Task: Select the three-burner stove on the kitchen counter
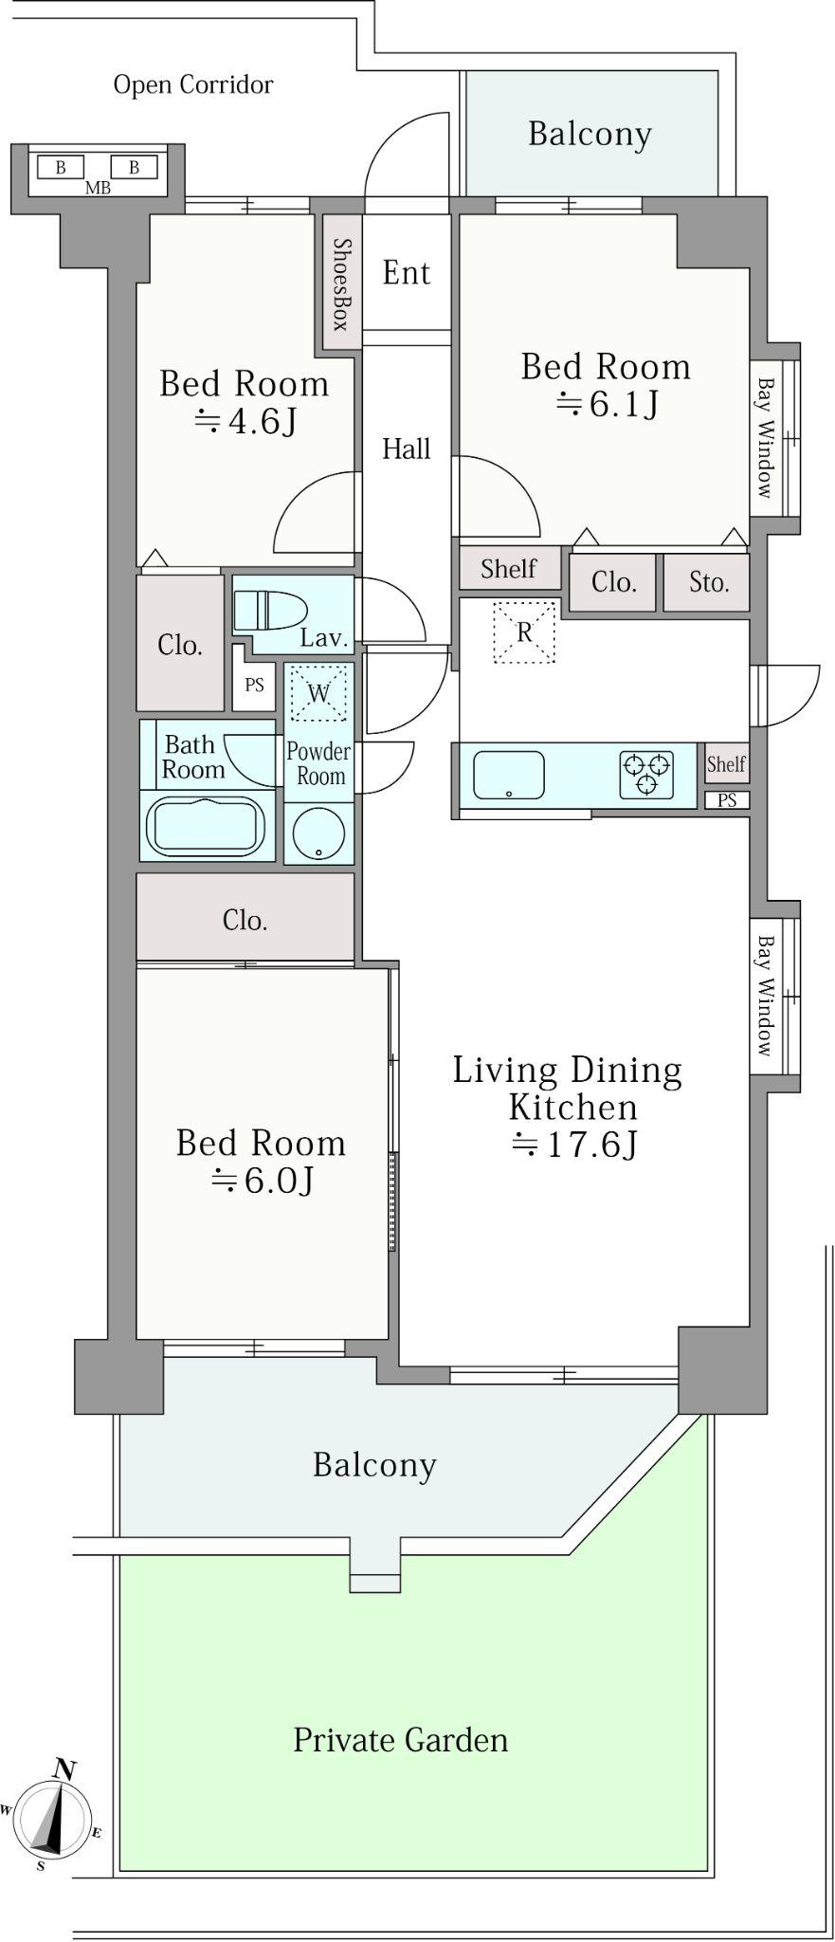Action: [x=646, y=773]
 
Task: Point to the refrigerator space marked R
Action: [x=523, y=632]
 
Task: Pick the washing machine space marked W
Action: [x=318, y=693]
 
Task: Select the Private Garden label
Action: [x=400, y=1740]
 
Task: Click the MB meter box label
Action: [x=98, y=188]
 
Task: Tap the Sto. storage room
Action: [x=706, y=581]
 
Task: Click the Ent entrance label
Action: [x=407, y=273]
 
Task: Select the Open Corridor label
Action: [x=193, y=84]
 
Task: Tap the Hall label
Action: [x=407, y=449]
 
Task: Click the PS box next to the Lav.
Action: [x=254, y=684]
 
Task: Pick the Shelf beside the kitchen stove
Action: [x=726, y=764]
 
